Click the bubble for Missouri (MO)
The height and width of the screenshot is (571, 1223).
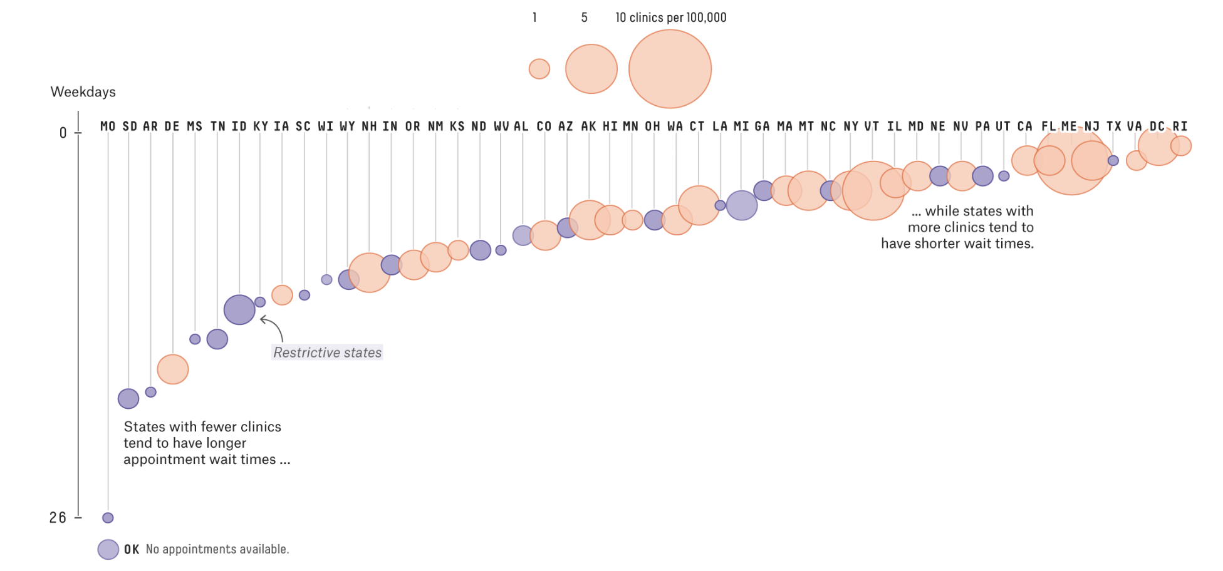108,518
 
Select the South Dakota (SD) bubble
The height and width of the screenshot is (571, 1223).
128,398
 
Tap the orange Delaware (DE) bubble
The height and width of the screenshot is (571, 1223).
173,369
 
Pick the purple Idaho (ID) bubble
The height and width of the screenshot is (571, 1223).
239,309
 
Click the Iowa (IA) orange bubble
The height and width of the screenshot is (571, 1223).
282,294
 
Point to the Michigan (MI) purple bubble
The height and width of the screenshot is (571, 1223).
742,205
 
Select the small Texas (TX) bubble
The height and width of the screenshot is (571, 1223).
1113,160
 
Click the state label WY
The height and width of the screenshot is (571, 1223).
348,126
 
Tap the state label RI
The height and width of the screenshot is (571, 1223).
1180,126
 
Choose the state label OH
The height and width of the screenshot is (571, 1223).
653,126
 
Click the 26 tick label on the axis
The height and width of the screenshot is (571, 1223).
58,518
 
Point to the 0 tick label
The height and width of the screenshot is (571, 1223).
63,133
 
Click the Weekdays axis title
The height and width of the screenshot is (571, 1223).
83,92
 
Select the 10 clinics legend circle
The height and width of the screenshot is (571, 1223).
670,69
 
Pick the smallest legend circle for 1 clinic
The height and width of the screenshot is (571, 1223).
539,69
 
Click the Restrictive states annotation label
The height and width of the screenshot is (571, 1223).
327,352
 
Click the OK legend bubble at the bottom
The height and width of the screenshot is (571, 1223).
108,550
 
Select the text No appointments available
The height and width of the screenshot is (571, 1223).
217,549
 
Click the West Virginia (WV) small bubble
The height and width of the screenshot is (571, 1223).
501,250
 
